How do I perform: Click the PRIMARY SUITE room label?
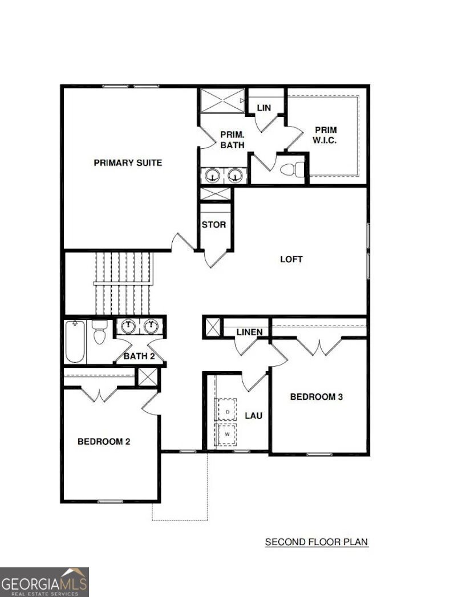[128, 163]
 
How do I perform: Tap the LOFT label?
[291, 259]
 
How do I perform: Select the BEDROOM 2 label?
[108, 441]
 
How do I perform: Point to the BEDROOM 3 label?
[316, 397]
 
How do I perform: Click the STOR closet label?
[214, 225]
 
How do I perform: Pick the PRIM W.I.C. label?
[325, 135]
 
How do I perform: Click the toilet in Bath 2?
[100, 333]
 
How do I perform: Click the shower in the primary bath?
[221, 101]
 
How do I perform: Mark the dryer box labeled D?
[228, 410]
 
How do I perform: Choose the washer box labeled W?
[228, 434]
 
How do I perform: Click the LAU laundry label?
[253, 416]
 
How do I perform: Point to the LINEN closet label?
[249, 332]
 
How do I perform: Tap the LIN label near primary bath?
[264, 108]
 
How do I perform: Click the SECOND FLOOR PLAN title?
[317, 542]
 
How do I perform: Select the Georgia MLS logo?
[44, 582]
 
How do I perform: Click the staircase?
[124, 283]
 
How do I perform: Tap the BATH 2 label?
[139, 356]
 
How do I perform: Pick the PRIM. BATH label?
[233, 140]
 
